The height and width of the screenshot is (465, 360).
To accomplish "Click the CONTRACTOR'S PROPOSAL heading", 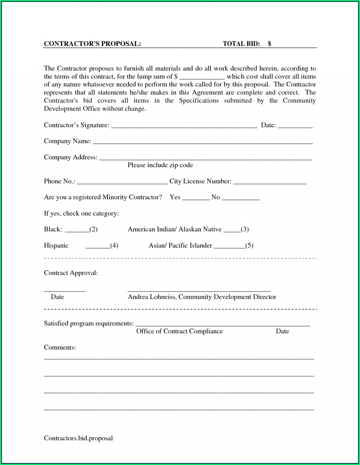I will [x=92, y=43].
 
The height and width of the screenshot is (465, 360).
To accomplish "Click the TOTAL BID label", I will [x=241, y=43].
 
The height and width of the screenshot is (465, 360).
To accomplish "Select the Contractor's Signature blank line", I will [x=184, y=127].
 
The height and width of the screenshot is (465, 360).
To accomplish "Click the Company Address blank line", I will [x=205, y=159].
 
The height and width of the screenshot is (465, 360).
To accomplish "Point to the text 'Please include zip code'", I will [x=160, y=165].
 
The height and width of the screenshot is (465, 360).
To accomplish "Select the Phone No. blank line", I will [x=122, y=183].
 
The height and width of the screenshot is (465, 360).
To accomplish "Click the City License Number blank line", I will [x=270, y=183].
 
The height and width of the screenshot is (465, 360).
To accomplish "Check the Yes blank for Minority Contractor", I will [x=196, y=199].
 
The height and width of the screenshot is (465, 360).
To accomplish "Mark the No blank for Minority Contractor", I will [x=240, y=199].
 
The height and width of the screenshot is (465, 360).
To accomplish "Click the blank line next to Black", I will [x=77, y=231].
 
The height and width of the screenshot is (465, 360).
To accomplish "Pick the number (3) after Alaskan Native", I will [x=245, y=229].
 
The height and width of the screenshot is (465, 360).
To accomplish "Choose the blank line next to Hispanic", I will [x=98, y=247].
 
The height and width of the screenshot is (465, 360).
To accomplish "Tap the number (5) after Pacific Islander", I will [x=249, y=246].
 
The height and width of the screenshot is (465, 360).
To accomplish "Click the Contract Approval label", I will [x=71, y=273].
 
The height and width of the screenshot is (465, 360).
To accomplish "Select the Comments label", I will [x=60, y=347].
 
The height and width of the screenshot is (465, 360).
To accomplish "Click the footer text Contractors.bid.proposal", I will [x=78, y=438].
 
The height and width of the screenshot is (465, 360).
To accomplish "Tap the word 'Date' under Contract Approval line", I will [x=57, y=297].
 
